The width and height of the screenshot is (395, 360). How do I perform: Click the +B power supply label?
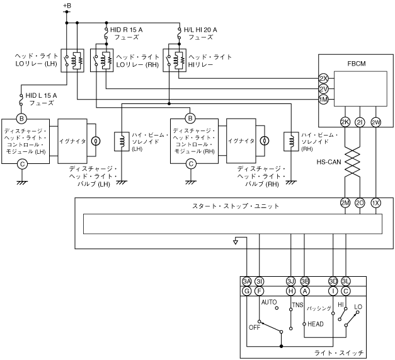pos(67,5)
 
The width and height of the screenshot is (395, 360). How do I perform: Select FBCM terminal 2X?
pos(323,79)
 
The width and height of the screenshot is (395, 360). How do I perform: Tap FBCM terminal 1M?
pos(323,100)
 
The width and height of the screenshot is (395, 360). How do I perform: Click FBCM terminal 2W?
pos(375,122)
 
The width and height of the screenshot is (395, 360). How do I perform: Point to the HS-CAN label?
pos(329,162)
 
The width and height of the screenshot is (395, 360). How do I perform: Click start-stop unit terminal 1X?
pos(375,203)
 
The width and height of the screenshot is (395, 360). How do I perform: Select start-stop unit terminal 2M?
pos(345,203)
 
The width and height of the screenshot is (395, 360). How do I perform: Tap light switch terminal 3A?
pos(246,281)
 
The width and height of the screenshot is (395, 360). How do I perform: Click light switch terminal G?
pos(246,291)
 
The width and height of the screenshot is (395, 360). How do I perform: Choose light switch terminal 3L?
pos(346,281)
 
